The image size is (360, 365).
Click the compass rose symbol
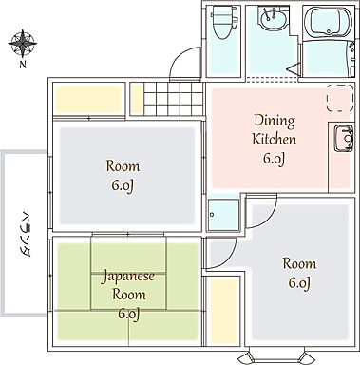(22, 42)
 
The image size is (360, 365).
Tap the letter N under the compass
(22, 65)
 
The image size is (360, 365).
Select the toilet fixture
(221, 21)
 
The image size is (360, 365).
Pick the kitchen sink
(340, 140)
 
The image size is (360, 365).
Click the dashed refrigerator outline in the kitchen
(337, 100)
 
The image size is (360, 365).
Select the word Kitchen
(274, 140)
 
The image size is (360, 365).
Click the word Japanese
(127, 277)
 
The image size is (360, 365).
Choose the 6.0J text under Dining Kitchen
(274, 159)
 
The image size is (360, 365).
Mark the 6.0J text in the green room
(127, 313)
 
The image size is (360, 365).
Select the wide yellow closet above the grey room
(88, 99)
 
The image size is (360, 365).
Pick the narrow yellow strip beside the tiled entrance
(136, 99)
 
